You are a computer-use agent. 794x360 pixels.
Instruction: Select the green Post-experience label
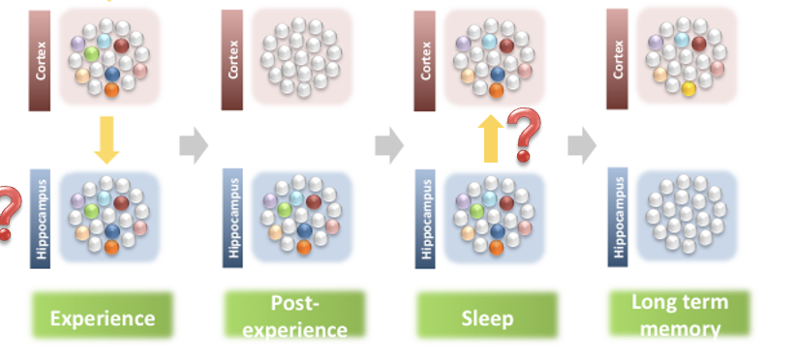click(x=294, y=316)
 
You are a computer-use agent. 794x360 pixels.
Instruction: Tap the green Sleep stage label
click(x=487, y=317)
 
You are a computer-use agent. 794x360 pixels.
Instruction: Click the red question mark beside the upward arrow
click(x=524, y=135)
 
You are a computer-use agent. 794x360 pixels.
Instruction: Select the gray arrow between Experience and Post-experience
click(x=194, y=146)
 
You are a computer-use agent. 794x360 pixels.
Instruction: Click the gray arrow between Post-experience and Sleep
click(x=388, y=146)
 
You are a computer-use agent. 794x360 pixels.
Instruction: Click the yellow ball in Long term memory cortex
click(x=688, y=89)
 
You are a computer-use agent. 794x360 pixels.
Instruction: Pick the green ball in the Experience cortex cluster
click(x=91, y=53)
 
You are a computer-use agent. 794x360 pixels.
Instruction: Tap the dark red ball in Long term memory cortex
click(x=699, y=44)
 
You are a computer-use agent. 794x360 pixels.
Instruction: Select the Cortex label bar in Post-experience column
click(x=232, y=58)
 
